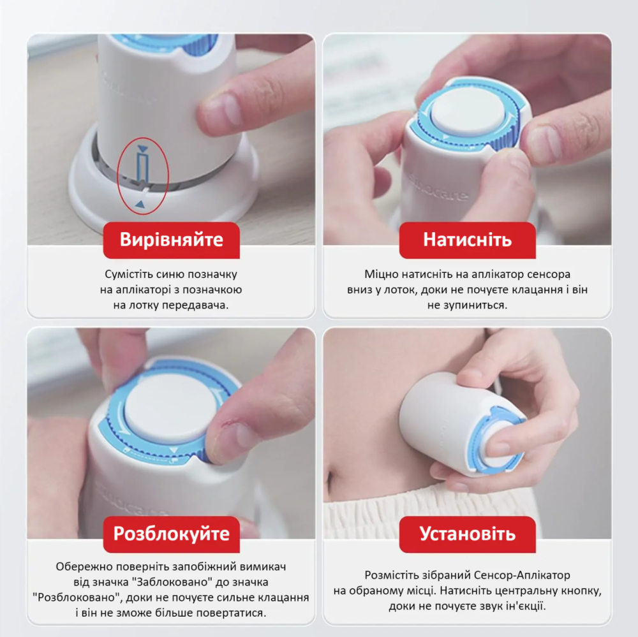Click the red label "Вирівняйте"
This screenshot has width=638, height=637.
click(x=171, y=240)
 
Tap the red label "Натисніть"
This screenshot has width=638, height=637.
click(x=467, y=240)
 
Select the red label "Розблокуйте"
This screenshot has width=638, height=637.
click(x=171, y=534)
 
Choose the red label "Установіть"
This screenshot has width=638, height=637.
click(x=467, y=534)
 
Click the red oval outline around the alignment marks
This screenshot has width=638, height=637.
click(x=118, y=176)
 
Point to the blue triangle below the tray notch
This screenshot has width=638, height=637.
click(x=140, y=204)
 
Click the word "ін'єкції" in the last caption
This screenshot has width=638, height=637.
click(x=522, y=606)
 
